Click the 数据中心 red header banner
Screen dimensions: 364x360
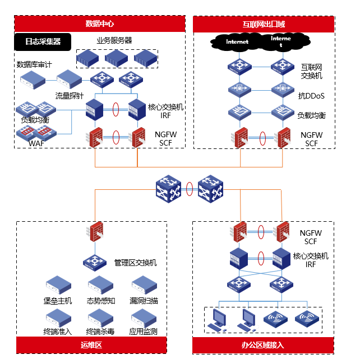(x=99, y=24)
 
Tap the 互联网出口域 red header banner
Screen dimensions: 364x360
(x=263, y=24)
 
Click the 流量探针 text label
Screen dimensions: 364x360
(x=70, y=95)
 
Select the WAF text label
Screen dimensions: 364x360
(x=36, y=143)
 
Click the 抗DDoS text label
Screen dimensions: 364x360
(x=311, y=96)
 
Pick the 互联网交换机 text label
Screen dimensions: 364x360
(x=312, y=71)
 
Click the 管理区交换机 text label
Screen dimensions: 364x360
(x=135, y=262)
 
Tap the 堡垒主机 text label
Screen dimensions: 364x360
(x=58, y=301)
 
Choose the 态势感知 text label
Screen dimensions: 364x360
(x=101, y=301)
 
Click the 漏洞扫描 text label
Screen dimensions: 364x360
(x=144, y=301)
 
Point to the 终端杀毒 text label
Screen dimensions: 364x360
(x=100, y=331)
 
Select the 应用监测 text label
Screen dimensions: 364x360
(x=144, y=331)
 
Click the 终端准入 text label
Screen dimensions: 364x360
(x=58, y=331)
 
